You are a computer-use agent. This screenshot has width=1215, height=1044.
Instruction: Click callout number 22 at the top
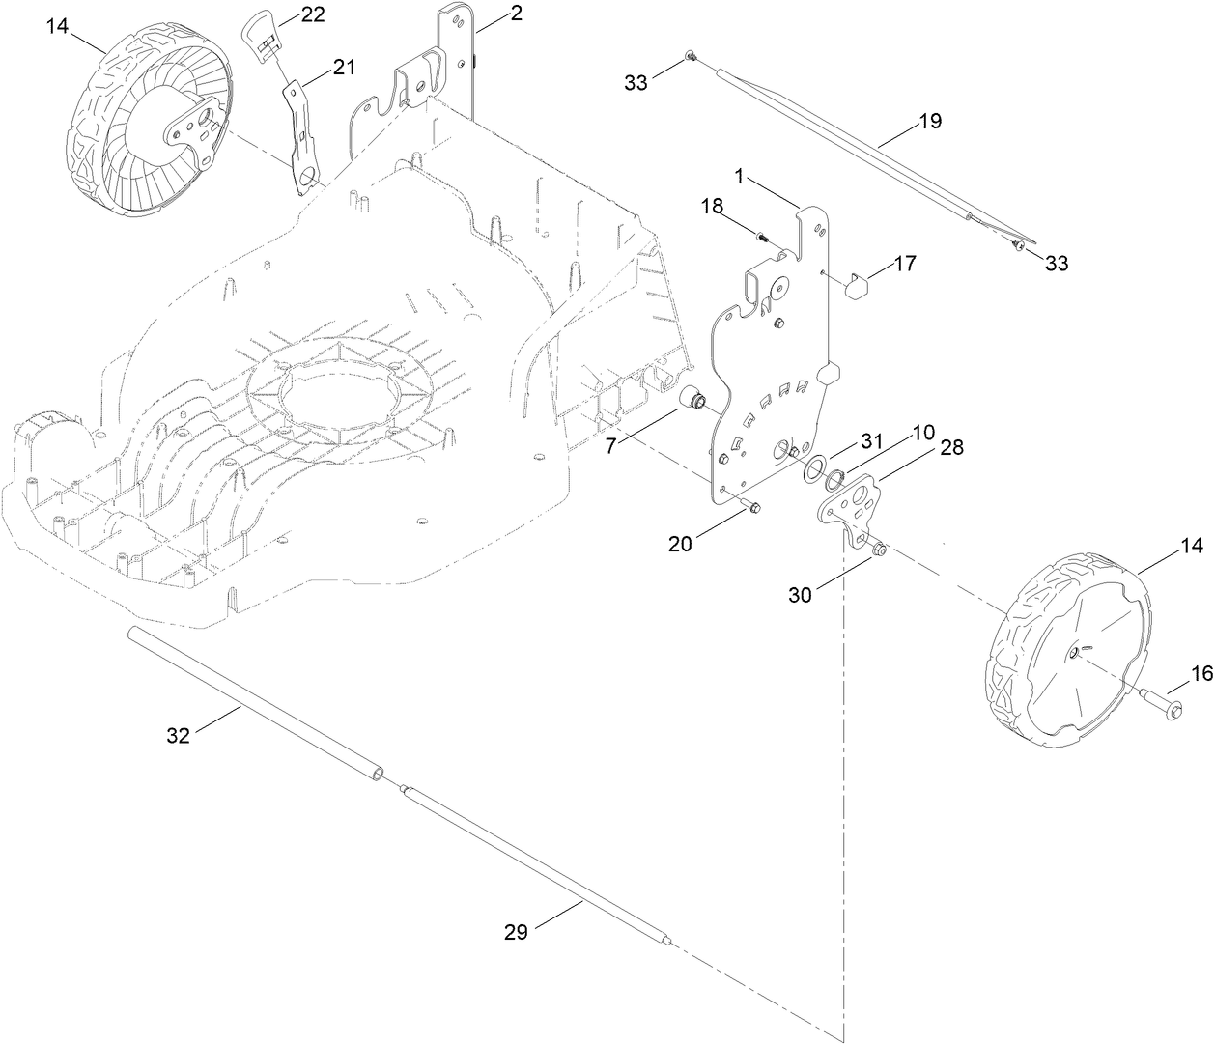point(312,15)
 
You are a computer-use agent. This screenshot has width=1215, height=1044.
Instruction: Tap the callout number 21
point(344,67)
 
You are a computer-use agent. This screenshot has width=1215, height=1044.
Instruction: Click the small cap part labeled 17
point(856,285)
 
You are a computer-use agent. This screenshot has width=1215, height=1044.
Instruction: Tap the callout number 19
point(929,122)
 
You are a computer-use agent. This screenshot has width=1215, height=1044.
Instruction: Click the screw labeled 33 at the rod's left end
point(690,59)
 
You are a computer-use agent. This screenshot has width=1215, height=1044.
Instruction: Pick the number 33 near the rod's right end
point(1057,263)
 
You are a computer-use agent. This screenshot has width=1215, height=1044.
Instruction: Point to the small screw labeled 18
point(763,236)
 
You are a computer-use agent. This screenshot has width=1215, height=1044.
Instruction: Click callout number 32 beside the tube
point(178,736)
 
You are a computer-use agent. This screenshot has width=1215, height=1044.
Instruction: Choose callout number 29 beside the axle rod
point(516,932)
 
